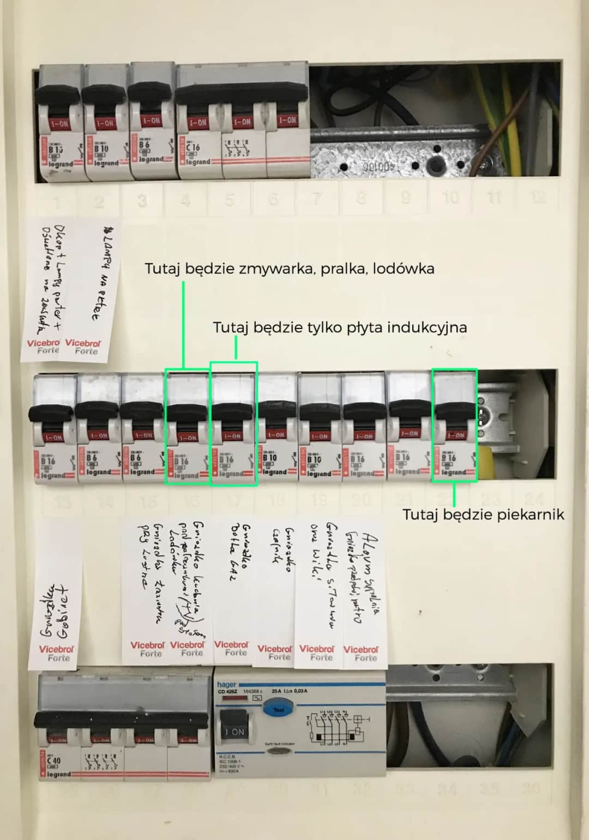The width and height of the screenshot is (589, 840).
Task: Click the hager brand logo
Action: (227, 684)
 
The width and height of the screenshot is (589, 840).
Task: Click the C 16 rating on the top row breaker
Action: (193, 147)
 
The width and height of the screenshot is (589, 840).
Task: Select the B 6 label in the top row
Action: (144, 145)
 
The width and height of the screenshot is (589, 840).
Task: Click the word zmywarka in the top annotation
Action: (276, 269)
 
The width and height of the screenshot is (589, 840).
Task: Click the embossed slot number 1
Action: (57, 203)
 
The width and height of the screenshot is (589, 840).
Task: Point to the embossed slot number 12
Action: (537, 197)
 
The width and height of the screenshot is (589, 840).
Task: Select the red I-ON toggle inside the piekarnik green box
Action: (454, 435)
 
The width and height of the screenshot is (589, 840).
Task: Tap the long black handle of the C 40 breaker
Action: (121, 720)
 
